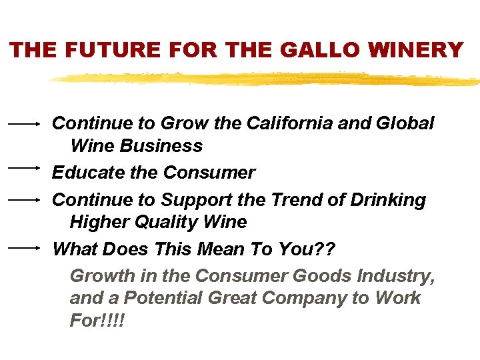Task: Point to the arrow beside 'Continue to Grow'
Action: (25, 123)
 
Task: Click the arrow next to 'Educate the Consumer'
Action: (25, 167)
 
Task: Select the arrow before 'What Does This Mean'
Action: (25, 247)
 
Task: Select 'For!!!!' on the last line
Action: (97, 320)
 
